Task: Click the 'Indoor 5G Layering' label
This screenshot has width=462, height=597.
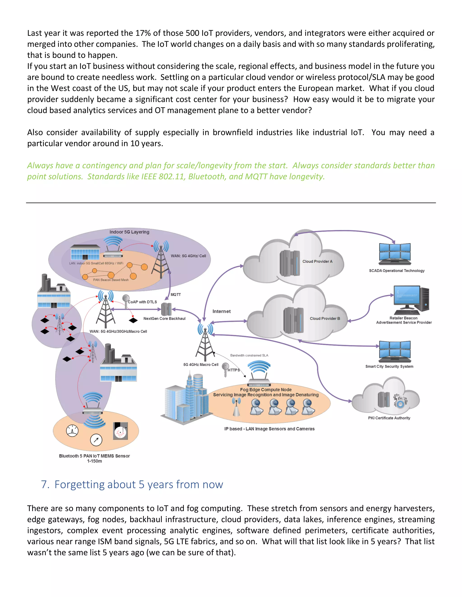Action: [x=129, y=232]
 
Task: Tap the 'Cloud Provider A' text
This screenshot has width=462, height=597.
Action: [x=317, y=261]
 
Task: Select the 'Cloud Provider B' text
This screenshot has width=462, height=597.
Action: [x=325, y=319]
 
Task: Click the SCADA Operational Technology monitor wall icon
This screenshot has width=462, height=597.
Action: [x=395, y=254]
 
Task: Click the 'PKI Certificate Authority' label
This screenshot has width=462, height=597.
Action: [x=389, y=418]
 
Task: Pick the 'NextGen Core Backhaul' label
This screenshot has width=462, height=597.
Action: [x=164, y=319]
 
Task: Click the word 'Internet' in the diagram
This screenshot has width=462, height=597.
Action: [x=222, y=311]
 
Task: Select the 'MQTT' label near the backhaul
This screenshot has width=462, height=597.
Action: [x=176, y=295]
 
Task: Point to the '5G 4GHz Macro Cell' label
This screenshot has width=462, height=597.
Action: [x=201, y=365]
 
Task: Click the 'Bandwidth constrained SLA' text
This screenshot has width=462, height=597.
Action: [x=249, y=355]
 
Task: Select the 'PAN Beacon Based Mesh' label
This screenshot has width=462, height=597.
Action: [x=111, y=280]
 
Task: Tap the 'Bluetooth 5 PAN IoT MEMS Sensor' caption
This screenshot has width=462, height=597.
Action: [x=95, y=456]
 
